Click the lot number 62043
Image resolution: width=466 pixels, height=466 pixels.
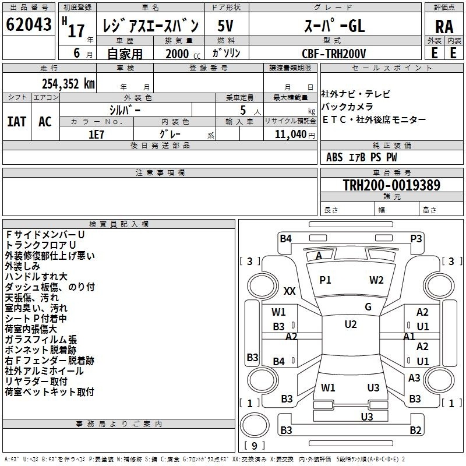(29, 24)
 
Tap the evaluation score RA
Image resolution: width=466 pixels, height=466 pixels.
(444, 27)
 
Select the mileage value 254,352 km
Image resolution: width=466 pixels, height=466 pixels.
(68, 84)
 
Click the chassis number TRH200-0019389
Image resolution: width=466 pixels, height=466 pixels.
(391, 185)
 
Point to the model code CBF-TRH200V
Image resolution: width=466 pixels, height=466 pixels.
(334, 54)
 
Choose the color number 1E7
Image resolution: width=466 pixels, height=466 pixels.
(96, 135)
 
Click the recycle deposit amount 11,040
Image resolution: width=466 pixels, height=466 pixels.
(291, 135)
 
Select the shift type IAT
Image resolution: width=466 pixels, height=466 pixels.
(17, 122)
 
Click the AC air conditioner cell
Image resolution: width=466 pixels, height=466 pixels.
(45, 122)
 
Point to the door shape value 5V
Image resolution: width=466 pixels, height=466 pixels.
(225, 26)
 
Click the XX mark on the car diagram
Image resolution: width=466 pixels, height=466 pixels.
(290, 291)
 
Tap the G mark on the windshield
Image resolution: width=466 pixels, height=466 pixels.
(368, 307)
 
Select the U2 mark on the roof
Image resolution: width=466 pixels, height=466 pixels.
(351, 324)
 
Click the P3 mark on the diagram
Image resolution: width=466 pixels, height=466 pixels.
(416, 239)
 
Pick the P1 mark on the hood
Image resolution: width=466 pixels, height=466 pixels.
(325, 280)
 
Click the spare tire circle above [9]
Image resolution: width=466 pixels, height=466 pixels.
(255, 425)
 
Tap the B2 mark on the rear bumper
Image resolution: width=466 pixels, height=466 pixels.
(415, 430)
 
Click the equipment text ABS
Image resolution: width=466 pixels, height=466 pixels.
(334, 157)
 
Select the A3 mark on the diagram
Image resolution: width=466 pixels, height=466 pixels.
(414, 377)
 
